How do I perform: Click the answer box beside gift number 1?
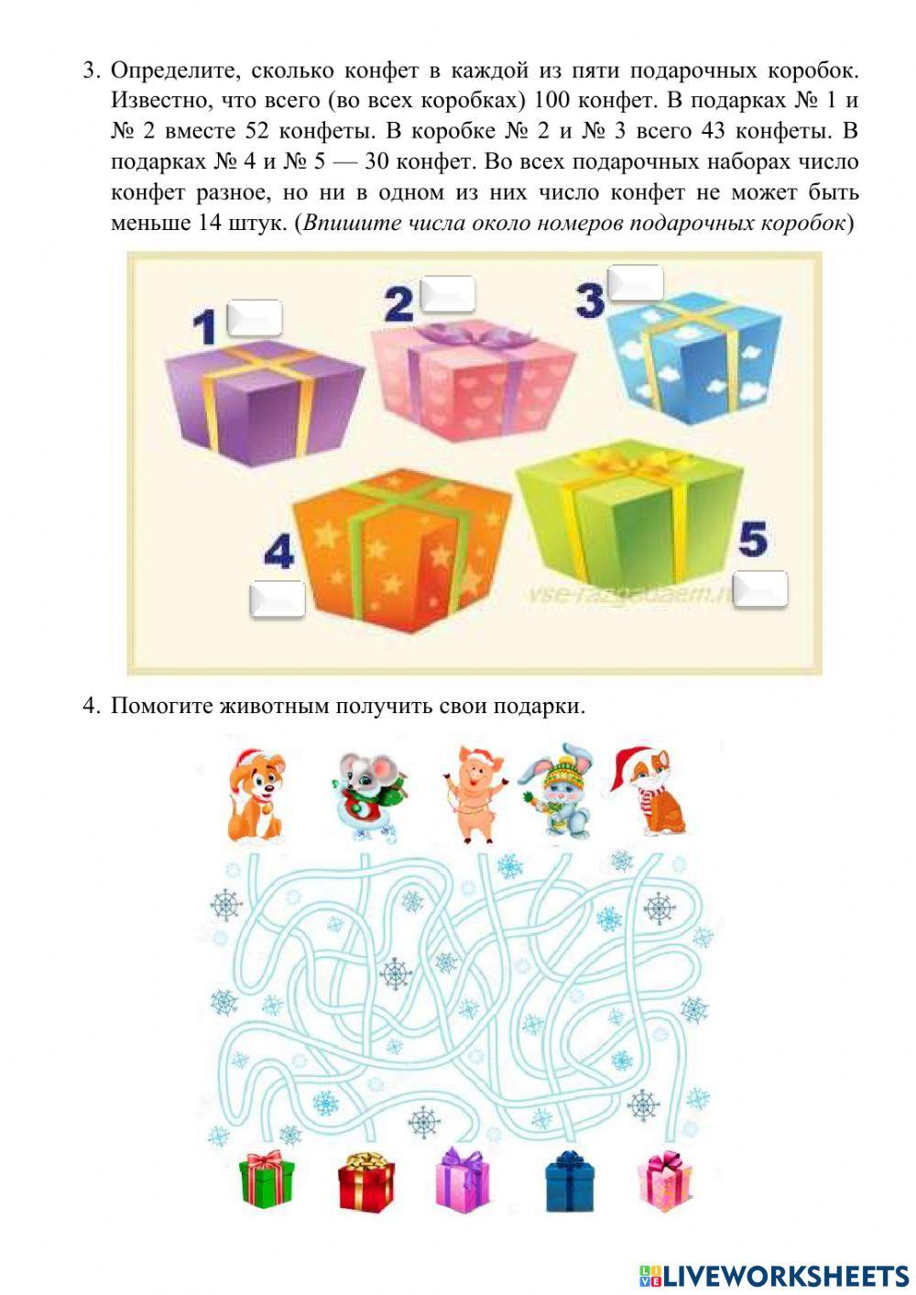255,317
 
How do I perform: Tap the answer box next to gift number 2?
448,293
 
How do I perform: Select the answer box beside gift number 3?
635,282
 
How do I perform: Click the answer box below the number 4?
278,598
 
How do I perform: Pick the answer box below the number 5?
760,588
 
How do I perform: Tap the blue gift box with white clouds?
693,358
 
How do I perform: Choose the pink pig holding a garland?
475,793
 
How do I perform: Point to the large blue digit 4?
279,550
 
